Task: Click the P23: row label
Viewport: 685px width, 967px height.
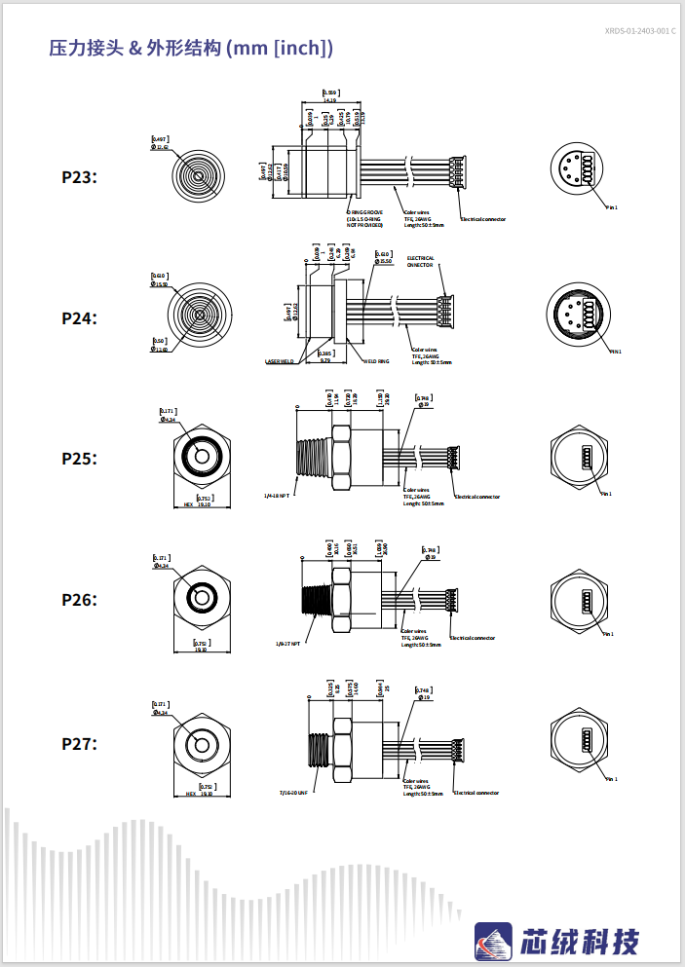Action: (79, 177)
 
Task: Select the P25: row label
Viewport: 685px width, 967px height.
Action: (79, 459)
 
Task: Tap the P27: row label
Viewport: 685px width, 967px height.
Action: (79, 744)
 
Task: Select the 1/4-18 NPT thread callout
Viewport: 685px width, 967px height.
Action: (277, 496)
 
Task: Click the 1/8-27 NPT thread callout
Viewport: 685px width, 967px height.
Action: (288, 643)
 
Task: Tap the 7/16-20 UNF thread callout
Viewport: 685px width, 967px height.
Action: (293, 793)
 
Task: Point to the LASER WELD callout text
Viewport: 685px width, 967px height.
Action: (280, 361)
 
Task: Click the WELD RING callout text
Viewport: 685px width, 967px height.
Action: (376, 361)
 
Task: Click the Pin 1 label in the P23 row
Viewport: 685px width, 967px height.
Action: (612, 207)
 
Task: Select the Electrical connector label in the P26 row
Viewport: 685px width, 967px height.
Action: (472, 639)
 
